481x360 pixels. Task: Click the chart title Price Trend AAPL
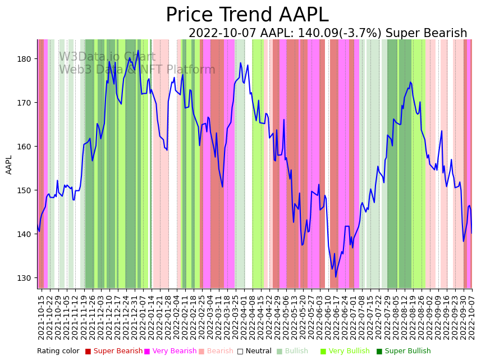247,15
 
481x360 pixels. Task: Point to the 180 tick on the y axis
26,59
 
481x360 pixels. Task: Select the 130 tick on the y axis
26,278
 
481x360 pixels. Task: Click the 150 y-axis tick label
26,190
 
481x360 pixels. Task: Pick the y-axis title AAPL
9,165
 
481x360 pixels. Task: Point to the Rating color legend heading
58,352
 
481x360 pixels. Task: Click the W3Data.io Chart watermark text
107,57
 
